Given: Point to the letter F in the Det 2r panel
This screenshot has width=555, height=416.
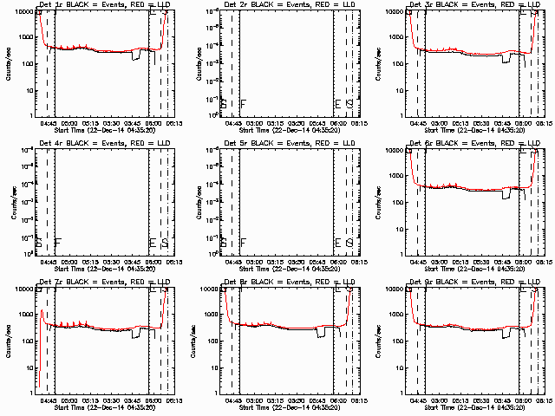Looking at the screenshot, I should pyautogui.click(x=244, y=104).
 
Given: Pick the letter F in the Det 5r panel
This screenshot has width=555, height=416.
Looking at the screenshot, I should pyautogui.click(x=244, y=243).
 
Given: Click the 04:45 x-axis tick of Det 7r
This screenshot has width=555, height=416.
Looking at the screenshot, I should pyautogui.click(x=48, y=400).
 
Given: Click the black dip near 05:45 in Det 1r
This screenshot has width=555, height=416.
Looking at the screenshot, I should pyautogui.click(x=135, y=56).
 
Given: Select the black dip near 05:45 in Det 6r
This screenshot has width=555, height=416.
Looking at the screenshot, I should pyautogui.click(x=506, y=195).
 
